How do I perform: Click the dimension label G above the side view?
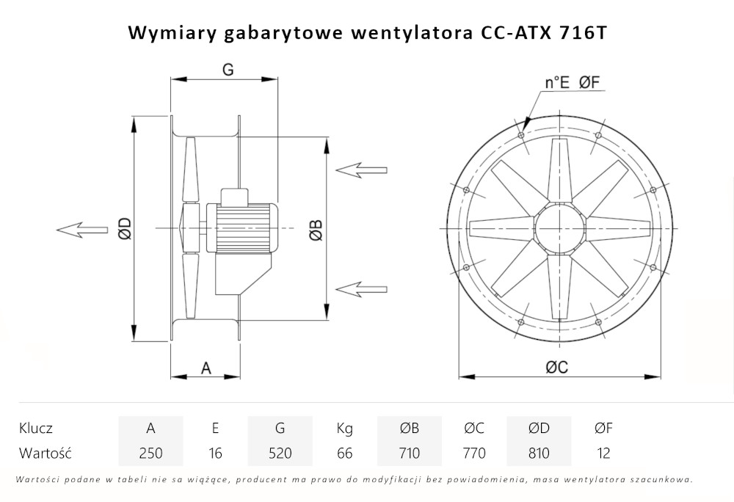[228, 70]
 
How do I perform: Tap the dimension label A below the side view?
[206, 368]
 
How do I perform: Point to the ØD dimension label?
[125, 229]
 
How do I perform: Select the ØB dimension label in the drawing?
[315, 229]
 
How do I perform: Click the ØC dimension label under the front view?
[557, 368]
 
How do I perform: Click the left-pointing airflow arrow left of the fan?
[81, 230]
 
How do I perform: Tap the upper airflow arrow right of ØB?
[361, 170]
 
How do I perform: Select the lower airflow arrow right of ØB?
[361, 287]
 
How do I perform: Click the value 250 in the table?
[150, 453]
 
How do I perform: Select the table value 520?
[280, 453]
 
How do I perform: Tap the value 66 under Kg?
[344, 453]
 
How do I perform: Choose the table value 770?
[474, 453]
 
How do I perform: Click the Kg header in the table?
[344, 428]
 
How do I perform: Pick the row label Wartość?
[46, 453]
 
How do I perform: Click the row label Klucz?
[36, 428]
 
